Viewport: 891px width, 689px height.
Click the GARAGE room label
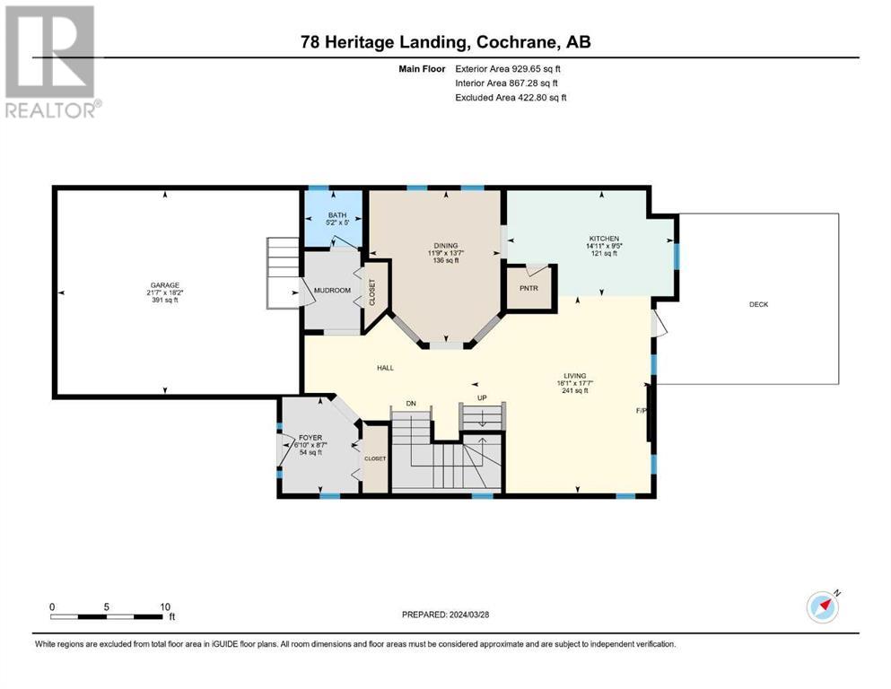165,285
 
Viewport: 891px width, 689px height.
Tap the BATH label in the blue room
337,215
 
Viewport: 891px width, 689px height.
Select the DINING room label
446,246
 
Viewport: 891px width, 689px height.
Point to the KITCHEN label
604,239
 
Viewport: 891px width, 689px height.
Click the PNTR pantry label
528,288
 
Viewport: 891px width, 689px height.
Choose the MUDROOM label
332,291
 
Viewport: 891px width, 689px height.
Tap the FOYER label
310,438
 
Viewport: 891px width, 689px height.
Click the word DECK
758,304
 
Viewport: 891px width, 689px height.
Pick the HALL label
385,368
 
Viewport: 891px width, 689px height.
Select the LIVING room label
574,376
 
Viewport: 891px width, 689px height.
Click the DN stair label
411,404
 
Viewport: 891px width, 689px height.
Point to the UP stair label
482,397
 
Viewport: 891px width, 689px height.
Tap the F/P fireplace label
641,410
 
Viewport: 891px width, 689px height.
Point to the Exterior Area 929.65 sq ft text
508,69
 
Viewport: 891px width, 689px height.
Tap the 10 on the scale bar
165,606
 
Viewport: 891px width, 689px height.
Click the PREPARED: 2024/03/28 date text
445,615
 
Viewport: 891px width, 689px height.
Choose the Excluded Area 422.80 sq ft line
511,97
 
